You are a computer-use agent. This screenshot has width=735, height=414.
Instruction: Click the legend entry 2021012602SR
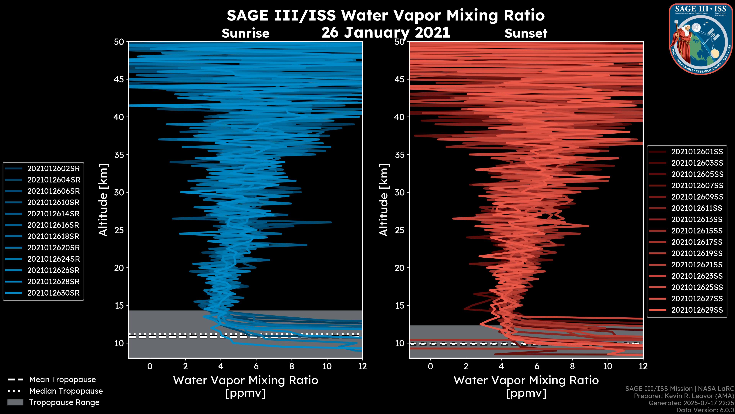[x=53, y=169]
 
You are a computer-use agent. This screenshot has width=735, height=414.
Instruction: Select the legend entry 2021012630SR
[x=53, y=293]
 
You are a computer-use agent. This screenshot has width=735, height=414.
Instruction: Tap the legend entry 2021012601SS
[x=697, y=152]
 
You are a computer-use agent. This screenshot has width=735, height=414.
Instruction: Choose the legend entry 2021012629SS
[x=697, y=310]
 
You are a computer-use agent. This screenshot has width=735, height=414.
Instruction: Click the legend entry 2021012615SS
[x=697, y=231]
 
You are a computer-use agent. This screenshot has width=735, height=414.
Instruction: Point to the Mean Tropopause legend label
[x=62, y=380]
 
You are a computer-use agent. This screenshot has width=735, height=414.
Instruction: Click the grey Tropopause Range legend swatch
[x=15, y=402]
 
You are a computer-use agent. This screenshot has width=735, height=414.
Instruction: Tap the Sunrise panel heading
[x=245, y=33]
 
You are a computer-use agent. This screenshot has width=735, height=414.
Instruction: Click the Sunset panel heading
[x=526, y=33]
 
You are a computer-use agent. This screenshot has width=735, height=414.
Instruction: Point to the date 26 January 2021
[x=385, y=32]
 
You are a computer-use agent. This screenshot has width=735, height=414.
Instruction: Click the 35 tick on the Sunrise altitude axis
[x=119, y=154]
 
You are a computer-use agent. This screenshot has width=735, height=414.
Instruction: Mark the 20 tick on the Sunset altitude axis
[x=400, y=268]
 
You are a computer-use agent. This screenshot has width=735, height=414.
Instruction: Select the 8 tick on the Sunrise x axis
[x=292, y=366]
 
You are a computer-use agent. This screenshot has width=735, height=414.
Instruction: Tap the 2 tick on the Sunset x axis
[x=466, y=366]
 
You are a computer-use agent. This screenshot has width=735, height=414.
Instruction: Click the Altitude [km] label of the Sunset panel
[x=384, y=200]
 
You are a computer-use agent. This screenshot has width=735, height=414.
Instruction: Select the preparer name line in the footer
[x=684, y=396]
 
